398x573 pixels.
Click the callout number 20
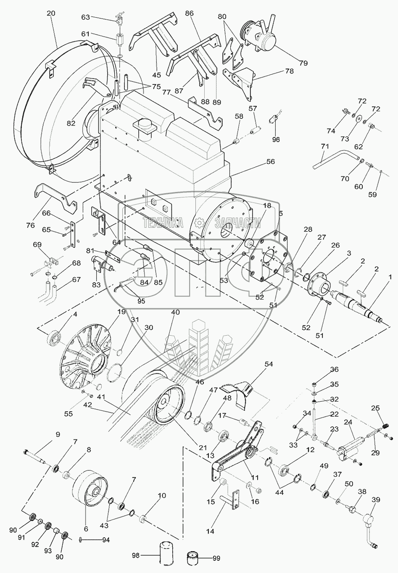[x=50, y=13]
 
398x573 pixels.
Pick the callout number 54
[x=268, y=364]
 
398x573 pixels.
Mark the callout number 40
[x=175, y=313]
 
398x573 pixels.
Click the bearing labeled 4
[x=54, y=338]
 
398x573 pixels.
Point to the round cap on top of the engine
[x=142, y=125]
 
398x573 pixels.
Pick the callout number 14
[x=210, y=531]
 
